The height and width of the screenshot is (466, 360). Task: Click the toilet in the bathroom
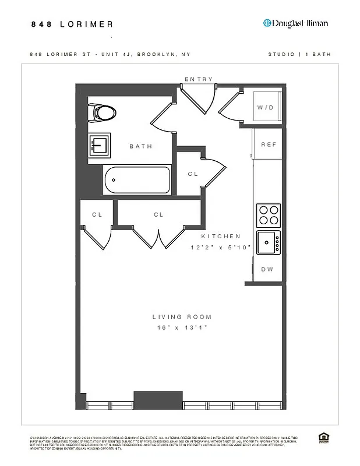103,111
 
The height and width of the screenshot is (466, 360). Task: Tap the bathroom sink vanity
100,144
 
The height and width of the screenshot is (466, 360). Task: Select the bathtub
136,181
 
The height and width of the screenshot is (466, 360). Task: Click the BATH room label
140,146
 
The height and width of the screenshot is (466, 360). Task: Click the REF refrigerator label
268,144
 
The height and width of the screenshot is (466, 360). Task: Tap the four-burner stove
269,215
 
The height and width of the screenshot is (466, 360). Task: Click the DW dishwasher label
267,269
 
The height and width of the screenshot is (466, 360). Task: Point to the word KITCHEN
221,236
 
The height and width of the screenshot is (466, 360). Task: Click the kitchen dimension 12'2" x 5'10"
221,248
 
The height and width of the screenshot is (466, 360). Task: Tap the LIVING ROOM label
182,317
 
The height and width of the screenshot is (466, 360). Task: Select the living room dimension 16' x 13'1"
182,328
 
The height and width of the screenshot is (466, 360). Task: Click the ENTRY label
199,79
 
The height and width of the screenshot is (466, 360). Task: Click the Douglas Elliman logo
295,23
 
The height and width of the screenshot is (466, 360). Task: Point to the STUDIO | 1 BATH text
299,54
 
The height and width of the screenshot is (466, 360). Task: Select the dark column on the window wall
150,400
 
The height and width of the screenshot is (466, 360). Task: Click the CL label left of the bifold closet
97,214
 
